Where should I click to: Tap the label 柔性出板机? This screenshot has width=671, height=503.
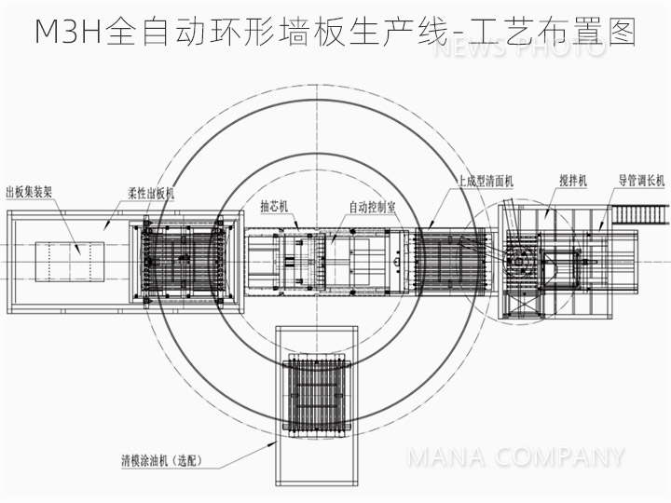pyautogui.click(x=151, y=193)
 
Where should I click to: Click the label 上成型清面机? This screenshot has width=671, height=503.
pyautogui.click(x=485, y=181)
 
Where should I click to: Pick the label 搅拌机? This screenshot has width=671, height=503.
pyautogui.click(x=571, y=181)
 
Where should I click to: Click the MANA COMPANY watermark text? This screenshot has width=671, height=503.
pyautogui.click(x=515, y=457)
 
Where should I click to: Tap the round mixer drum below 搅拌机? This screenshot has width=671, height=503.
pyautogui.click(x=519, y=260)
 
